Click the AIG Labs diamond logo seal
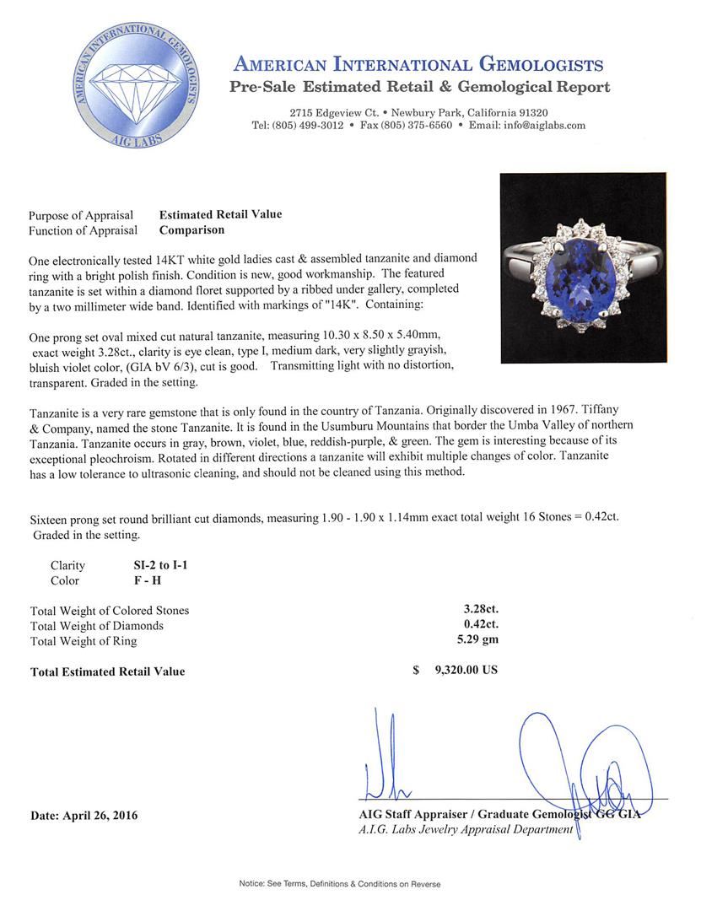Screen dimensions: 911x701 136,87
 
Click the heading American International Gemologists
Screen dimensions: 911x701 418,66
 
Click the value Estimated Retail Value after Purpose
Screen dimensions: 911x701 220,215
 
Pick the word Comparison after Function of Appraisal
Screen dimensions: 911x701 191,229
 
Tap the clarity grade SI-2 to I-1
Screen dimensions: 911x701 154,565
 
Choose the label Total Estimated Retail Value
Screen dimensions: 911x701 107,672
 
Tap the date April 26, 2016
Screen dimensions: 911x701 84,816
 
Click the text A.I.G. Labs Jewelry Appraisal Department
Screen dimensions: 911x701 466,829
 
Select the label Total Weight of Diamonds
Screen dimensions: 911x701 97,626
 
